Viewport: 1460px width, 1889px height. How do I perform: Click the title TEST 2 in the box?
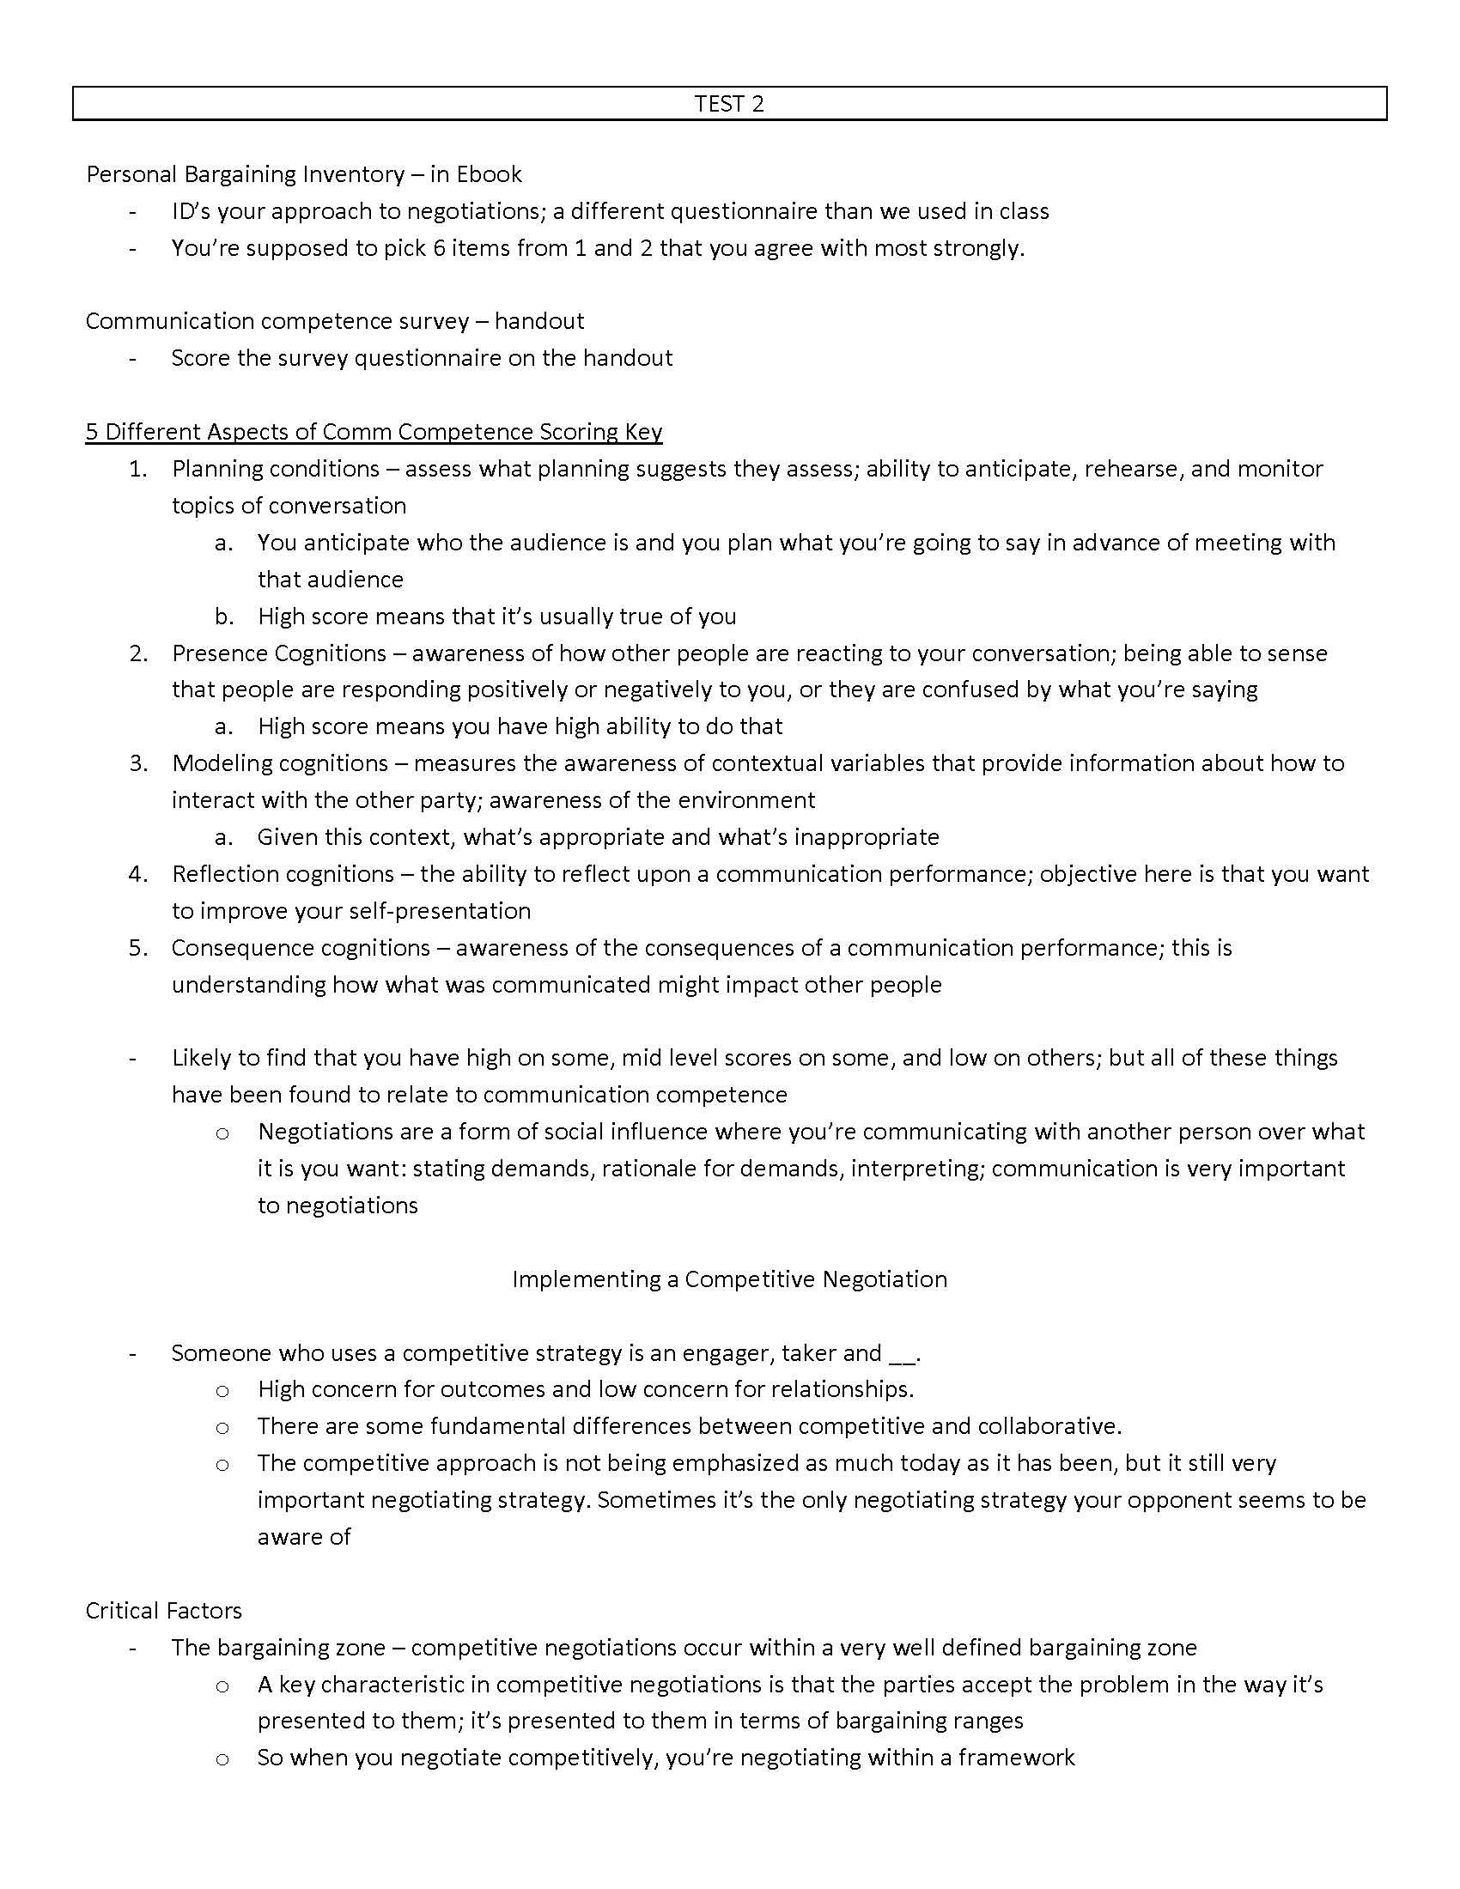click(729, 104)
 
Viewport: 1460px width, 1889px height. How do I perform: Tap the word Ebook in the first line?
click(489, 174)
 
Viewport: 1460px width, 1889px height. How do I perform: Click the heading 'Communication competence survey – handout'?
click(335, 321)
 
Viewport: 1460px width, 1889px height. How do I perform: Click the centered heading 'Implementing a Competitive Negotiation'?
click(729, 1279)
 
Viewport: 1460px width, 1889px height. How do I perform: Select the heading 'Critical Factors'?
click(163, 1611)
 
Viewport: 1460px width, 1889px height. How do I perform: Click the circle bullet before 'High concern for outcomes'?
click(222, 1391)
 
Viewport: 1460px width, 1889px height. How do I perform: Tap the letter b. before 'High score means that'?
click(224, 617)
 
